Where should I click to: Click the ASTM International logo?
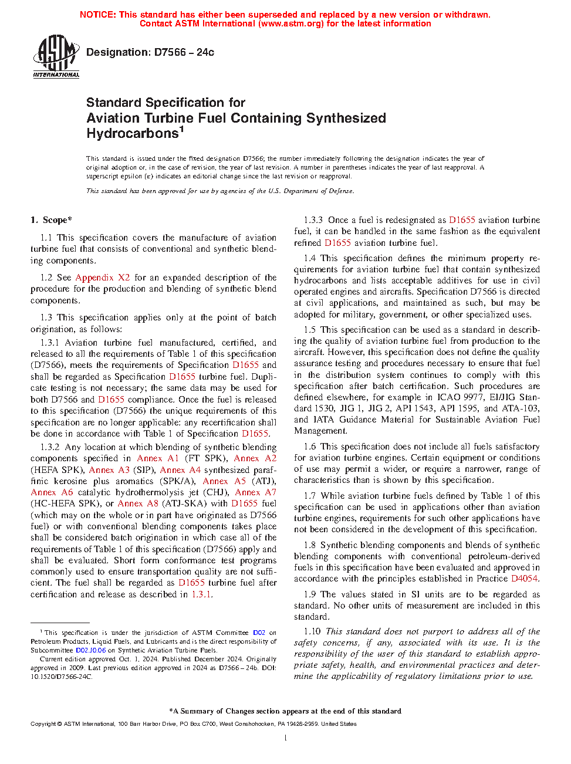pos(56,56)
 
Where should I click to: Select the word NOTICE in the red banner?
pos(97,15)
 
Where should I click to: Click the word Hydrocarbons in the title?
pos(133,134)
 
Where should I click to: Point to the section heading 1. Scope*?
pos(51,220)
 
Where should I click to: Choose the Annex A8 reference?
pos(138,503)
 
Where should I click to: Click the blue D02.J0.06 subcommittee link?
pos(91,650)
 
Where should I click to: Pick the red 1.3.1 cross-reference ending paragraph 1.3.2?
pos(201,594)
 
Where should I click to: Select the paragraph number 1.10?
pos(312,631)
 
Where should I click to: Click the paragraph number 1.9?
pos(310,594)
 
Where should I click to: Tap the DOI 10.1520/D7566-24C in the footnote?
pos(61,677)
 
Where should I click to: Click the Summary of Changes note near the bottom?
pos(285,711)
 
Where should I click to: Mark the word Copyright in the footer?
pos(43,724)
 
